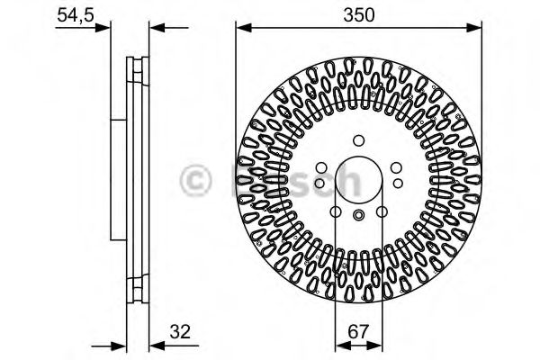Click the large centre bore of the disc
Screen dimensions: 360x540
tap(358, 178)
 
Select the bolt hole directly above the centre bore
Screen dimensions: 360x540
tap(358, 139)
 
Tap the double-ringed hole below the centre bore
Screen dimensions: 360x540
tap(358, 215)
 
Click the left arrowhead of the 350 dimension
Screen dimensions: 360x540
tap(242, 29)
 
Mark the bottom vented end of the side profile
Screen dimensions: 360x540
tap(137, 289)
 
